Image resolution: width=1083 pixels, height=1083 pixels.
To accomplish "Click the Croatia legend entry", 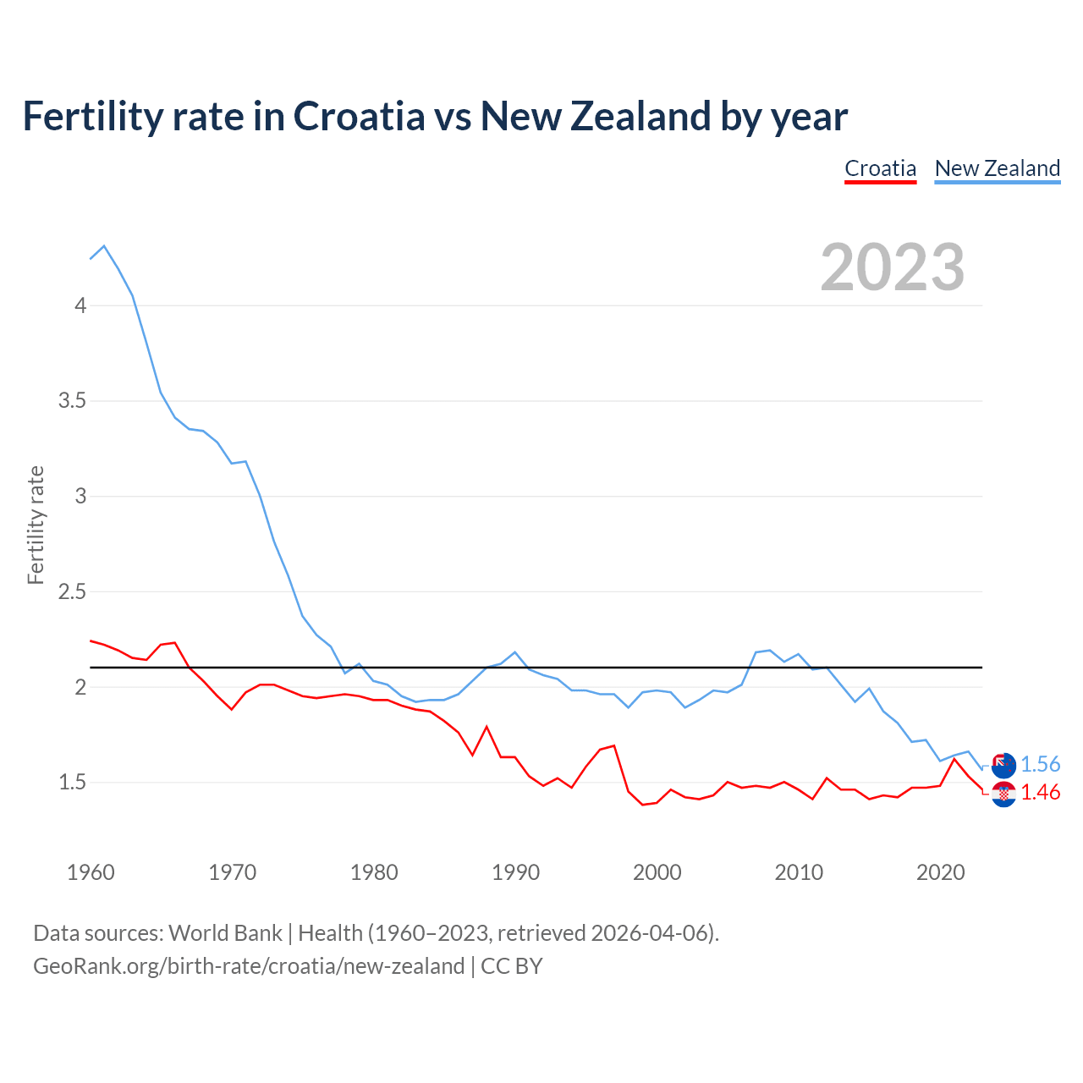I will (880, 168).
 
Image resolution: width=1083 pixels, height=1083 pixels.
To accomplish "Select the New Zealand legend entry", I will (997, 168).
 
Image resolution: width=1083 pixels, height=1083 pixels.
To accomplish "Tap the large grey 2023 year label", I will (892, 267).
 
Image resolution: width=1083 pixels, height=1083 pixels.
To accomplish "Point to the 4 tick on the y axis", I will (80, 305).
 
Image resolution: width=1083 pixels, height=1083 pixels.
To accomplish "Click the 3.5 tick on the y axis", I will (73, 400).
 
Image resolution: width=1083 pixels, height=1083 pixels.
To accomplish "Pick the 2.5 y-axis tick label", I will (73, 591).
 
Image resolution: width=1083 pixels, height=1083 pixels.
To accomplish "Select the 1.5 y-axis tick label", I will (73, 783).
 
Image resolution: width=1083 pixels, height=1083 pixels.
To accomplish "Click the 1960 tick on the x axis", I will (91, 872).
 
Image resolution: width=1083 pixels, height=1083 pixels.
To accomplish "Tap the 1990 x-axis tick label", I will (515, 872).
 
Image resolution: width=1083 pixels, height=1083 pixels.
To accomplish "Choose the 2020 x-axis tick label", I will (940, 872).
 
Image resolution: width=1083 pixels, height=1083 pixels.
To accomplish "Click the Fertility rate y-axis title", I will (36, 525).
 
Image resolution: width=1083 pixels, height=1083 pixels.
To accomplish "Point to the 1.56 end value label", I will (1040, 765).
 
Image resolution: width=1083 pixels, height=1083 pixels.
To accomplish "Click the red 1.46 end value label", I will (1040, 793).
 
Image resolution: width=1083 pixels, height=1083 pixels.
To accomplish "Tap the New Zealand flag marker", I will (1003, 765).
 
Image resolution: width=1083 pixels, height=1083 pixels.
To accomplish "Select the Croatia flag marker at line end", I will (1003, 794).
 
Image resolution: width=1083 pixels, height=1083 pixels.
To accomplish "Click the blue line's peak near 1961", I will (104, 246).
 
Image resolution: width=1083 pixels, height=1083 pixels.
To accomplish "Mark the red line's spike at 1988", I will (487, 727).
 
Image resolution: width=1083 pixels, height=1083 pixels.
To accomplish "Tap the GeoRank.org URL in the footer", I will (249, 966).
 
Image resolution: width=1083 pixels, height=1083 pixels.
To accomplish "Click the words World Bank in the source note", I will (225, 933).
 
